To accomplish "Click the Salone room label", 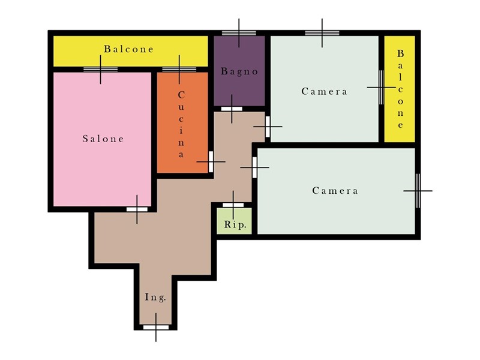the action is click(x=103, y=139).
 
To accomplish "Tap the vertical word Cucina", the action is click(x=181, y=124).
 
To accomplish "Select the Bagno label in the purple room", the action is click(x=239, y=71).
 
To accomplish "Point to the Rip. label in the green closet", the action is click(x=235, y=224).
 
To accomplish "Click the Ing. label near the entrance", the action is click(x=155, y=297).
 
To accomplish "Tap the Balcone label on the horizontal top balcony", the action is click(x=128, y=49).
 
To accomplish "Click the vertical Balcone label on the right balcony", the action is click(x=400, y=89).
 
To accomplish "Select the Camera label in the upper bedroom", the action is click(x=324, y=92).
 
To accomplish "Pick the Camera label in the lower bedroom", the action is click(x=335, y=191).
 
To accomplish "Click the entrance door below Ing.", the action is click(x=156, y=327).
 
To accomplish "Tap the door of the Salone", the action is click(x=137, y=209).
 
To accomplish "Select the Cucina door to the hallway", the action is click(x=211, y=161).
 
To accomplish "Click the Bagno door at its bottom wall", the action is click(x=232, y=109).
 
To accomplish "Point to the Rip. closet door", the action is click(x=233, y=205).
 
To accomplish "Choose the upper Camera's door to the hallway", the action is click(x=268, y=127).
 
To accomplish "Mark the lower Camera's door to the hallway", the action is click(x=254, y=167).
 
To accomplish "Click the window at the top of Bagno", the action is click(x=239, y=33).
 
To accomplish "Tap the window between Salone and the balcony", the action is click(x=100, y=70).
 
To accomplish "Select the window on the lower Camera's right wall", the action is click(x=418, y=191).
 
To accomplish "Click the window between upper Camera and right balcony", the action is click(x=382, y=87).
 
